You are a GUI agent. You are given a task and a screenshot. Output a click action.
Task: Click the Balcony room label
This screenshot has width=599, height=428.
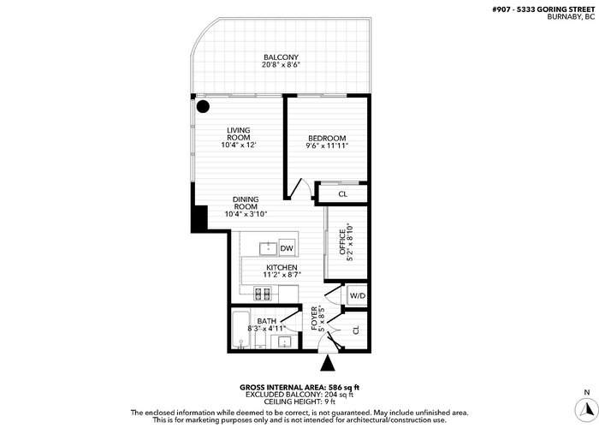[281, 57]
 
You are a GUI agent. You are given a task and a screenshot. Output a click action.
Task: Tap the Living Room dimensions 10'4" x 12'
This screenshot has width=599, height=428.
[239, 146]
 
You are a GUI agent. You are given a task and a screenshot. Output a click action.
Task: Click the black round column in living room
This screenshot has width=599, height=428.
[203, 106]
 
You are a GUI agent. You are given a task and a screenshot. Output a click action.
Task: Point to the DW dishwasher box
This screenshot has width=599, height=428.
[287, 248]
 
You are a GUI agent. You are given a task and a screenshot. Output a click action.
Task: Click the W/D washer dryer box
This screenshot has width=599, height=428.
[358, 295]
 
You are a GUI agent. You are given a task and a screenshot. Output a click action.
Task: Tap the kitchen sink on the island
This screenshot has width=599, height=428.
[269, 249]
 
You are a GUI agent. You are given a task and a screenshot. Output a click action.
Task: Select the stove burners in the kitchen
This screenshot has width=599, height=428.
[263, 294]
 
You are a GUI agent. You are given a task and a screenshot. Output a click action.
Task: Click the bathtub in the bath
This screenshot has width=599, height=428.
[240, 330]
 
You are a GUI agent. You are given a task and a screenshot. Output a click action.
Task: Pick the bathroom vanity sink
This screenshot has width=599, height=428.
[285, 342]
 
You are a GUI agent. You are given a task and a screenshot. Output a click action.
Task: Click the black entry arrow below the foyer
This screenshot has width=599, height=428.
[328, 363]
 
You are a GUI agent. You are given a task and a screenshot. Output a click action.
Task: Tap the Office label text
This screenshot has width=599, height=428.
[342, 242]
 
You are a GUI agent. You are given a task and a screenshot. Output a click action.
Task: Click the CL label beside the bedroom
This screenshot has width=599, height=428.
[342, 194]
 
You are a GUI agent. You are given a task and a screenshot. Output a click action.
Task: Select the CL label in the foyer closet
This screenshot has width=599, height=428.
[356, 330]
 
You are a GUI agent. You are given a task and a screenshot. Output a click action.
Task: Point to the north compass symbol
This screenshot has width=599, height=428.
[586, 410]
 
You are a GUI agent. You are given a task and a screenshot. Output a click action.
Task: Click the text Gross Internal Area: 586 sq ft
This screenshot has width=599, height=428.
[299, 388]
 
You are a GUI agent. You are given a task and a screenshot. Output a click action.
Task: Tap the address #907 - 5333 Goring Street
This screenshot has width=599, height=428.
[543, 9]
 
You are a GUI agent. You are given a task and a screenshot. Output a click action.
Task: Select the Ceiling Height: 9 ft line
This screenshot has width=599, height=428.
[299, 401]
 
